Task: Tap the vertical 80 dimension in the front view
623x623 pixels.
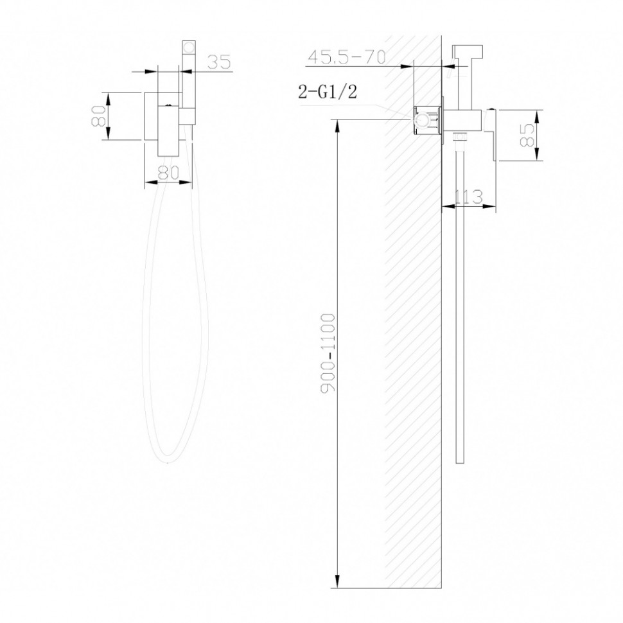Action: point(99,116)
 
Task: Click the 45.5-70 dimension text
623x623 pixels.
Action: point(346,57)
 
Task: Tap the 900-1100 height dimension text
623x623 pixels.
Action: point(328,353)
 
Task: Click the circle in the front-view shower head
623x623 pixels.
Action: point(189,48)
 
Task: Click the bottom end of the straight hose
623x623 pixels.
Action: point(459,461)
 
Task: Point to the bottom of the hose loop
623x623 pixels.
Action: point(168,459)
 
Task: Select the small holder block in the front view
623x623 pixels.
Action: point(187,116)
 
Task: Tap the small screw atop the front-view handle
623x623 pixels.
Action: point(168,103)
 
